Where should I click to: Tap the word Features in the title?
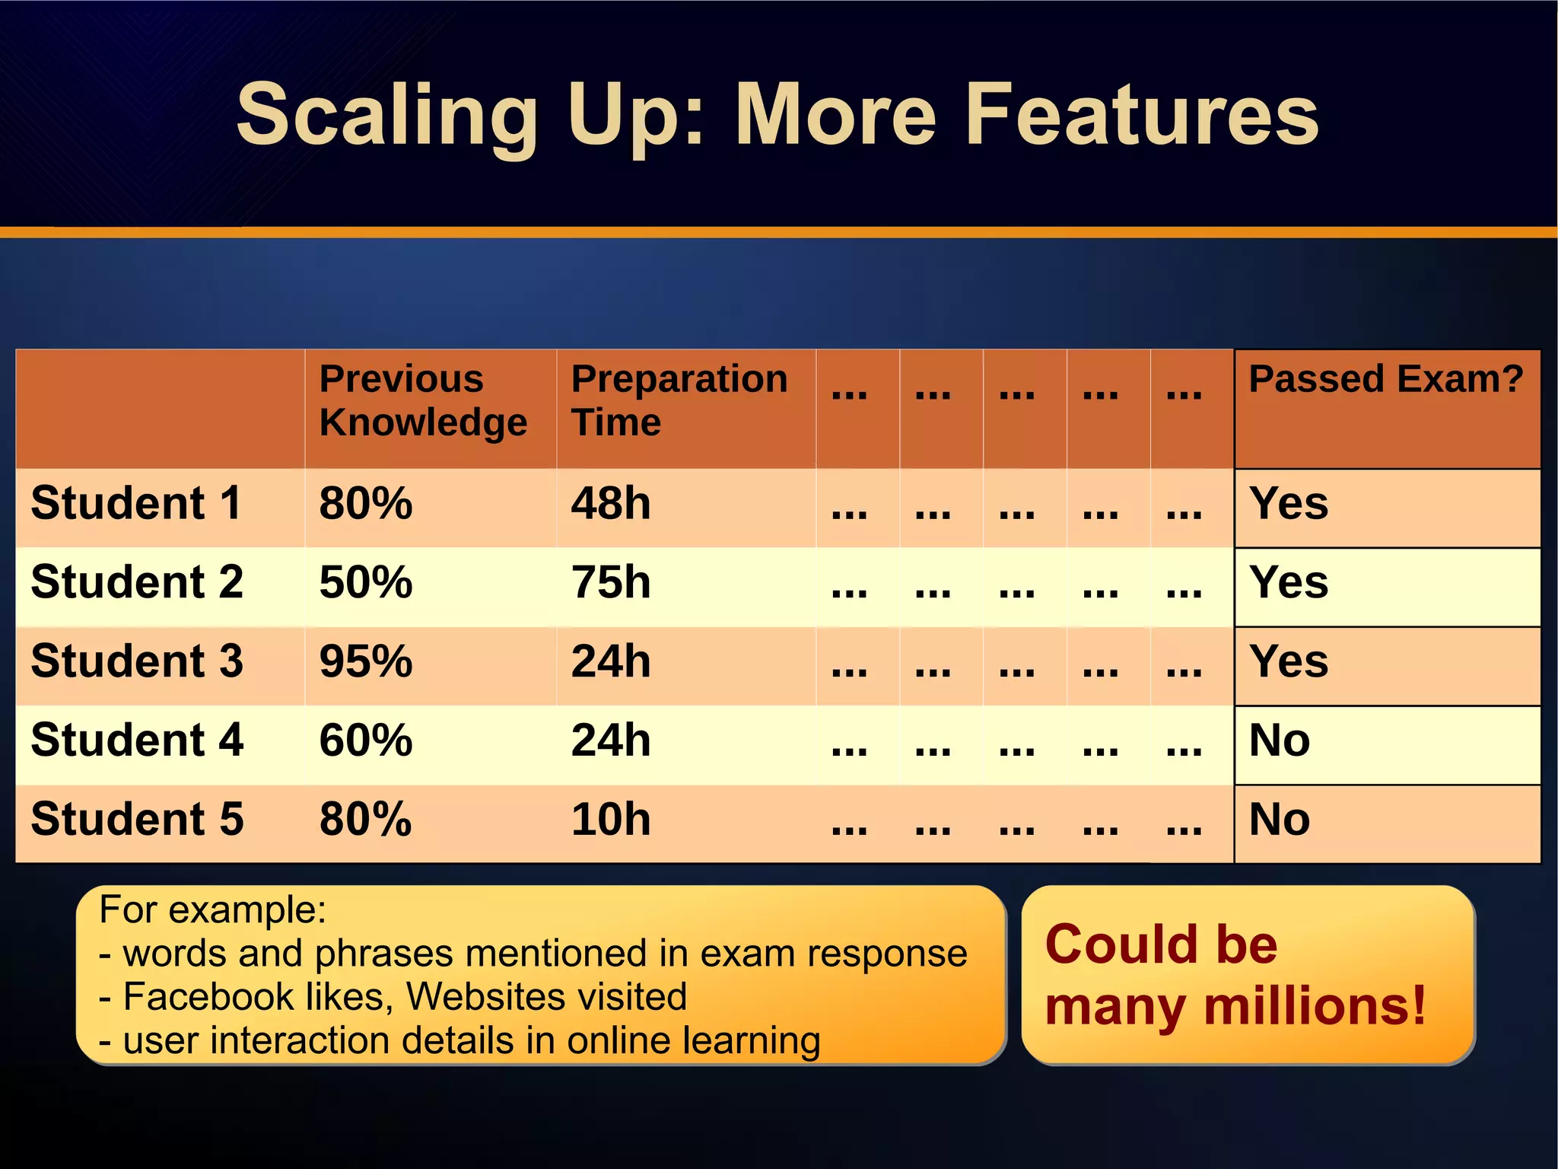tap(1141, 116)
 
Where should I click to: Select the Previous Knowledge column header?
tap(422, 400)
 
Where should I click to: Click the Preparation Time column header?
tap(679, 400)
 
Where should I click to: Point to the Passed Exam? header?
tap(1385, 379)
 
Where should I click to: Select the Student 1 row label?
tap(136, 504)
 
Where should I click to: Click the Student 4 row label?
tap(136, 741)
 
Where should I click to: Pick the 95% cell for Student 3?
tap(366, 661)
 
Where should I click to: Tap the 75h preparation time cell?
tap(611, 583)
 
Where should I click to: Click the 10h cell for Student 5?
tap(611, 820)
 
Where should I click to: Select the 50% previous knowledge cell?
tap(366, 583)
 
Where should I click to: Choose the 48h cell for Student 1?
tap(611, 504)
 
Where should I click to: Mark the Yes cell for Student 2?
tap(1289, 583)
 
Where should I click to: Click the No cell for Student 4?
tap(1280, 741)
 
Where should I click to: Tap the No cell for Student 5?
tap(1280, 820)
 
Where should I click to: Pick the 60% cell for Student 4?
tap(366, 741)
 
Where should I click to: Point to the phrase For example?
tap(213, 910)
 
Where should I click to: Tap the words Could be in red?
tap(1161, 944)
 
